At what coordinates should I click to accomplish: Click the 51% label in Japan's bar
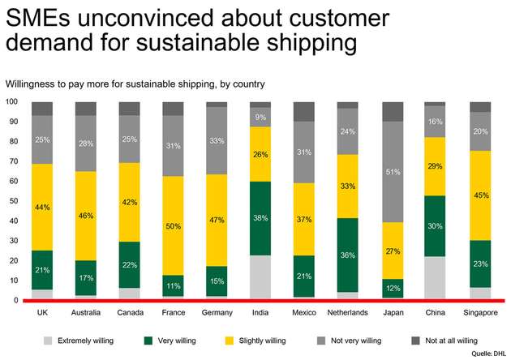(393, 172)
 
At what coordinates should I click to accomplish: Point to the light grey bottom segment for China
(436, 277)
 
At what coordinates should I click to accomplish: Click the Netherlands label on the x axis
(348, 312)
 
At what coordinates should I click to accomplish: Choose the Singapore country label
(480, 312)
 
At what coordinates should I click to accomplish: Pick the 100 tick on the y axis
(11, 101)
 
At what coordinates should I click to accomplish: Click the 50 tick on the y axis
(13, 201)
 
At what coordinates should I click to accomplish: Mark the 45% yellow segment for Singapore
(479, 195)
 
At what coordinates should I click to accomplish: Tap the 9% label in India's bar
(260, 118)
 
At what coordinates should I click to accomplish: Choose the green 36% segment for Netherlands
(348, 255)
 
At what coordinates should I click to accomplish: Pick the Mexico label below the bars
(304, 312)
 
